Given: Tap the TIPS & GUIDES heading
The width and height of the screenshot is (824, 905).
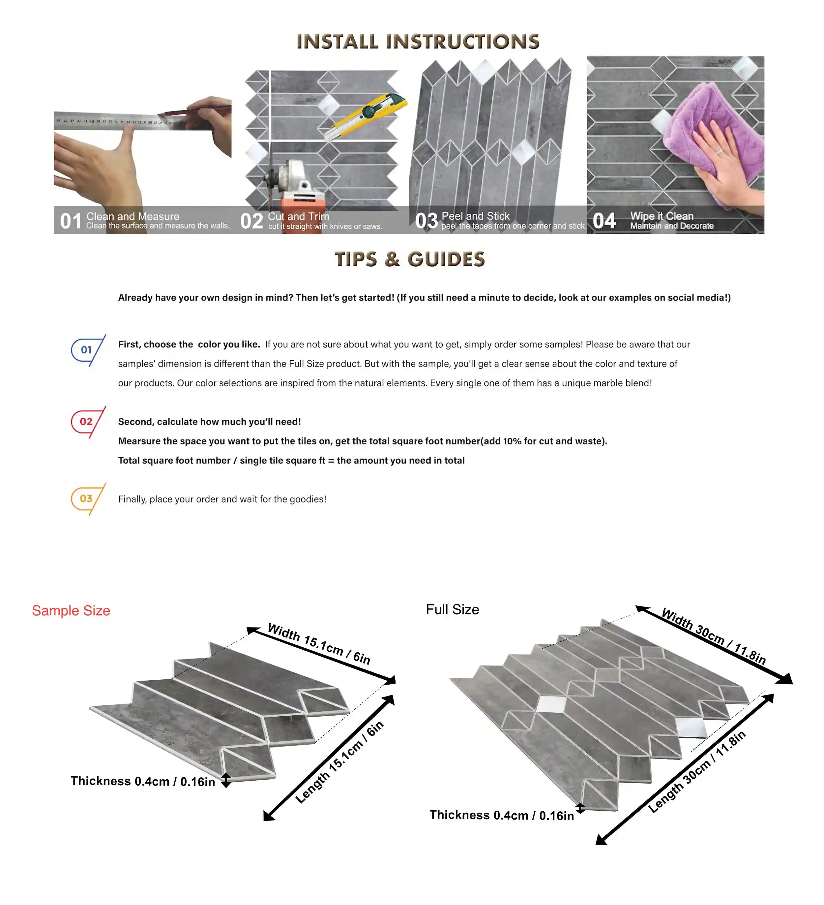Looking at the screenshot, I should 410,259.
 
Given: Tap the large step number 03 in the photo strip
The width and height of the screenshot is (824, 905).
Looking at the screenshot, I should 426,221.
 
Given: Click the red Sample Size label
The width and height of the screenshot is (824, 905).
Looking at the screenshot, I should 71,610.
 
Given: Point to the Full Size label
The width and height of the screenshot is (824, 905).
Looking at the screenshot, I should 452,609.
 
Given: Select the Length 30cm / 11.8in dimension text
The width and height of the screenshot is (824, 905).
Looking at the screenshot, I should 697,772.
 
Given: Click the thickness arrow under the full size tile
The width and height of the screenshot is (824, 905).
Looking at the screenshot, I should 580,808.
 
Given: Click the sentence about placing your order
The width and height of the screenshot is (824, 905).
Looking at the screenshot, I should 222,499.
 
